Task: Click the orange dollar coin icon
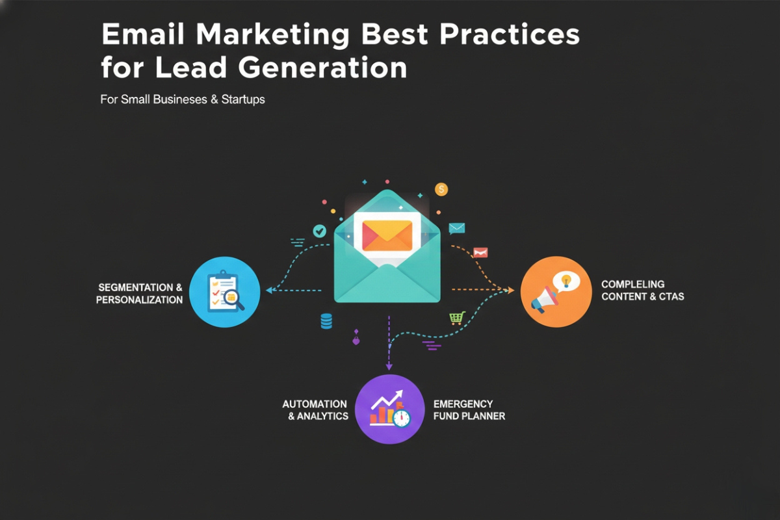[x=441, y=189]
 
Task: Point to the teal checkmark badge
[x=319, y=230]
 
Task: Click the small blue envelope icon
[x=457, y=228]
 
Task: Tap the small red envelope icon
[x=480, y=252]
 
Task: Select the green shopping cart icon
[x=457, y=318]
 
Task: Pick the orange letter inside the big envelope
[x=387, y=235]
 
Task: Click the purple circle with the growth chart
[x=389, y=409]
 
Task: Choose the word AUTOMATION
[x=314, y=404]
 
